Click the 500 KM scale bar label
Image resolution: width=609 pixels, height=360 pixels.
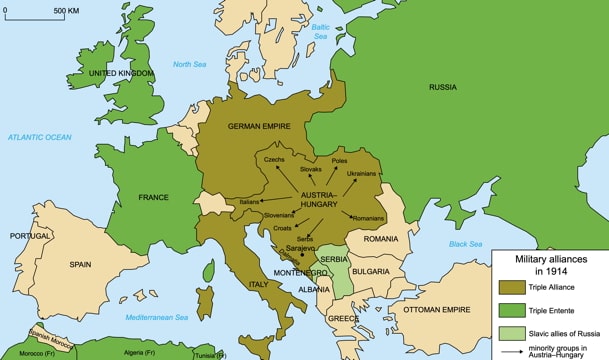point(66,11)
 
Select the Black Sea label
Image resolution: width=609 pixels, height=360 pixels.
point(466,244)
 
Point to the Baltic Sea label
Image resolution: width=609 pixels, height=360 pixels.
point(321,31)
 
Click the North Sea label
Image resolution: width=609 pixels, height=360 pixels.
point(189,64)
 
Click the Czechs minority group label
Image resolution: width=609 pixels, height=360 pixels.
point(276,160)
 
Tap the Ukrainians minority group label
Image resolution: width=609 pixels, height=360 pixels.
point(361,173)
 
